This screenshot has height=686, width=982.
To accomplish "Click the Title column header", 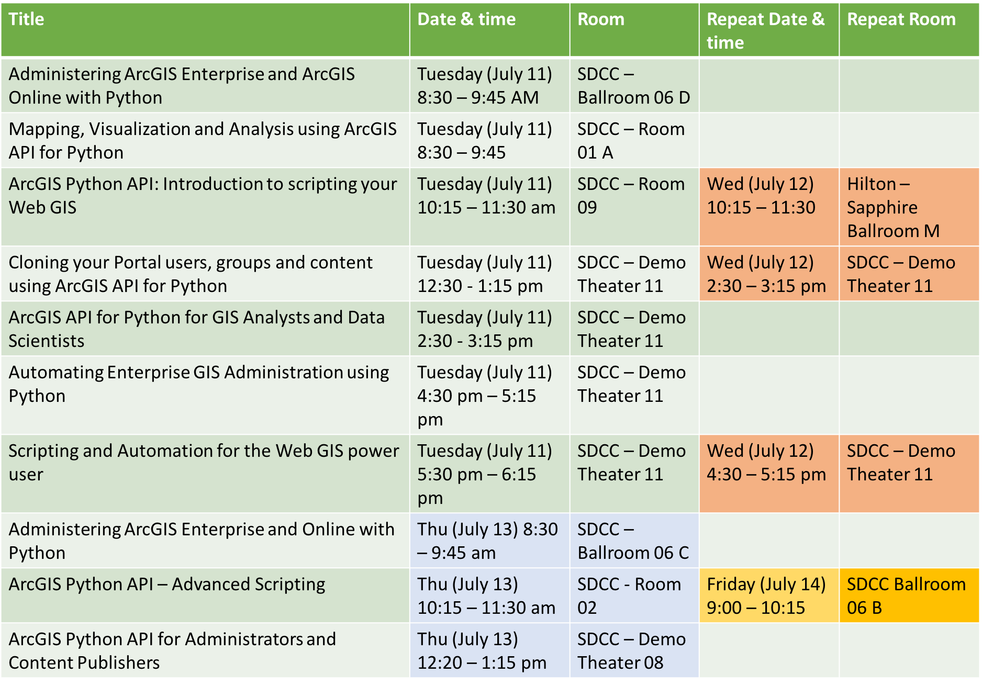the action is [205, 30].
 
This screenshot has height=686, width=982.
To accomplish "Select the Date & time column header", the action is [489, 30].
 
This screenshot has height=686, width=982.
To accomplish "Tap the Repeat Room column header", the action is [909, 30].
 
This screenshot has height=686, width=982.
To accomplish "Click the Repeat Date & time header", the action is [769, 30].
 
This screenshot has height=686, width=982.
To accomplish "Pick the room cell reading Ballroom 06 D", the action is [634, 86].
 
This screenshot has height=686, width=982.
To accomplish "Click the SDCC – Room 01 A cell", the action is [634, 141].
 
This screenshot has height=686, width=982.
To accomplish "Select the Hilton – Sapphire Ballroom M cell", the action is [909, 207].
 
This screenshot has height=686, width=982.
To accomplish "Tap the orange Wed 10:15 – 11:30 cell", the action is [769, 207].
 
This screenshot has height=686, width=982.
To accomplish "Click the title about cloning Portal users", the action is [205, 274].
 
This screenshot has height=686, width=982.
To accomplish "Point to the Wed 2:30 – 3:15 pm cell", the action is [769, 274].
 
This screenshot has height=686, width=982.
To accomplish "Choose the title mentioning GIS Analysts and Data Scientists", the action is [205, 329].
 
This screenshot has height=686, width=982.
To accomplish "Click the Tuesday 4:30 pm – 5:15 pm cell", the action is [489, 396].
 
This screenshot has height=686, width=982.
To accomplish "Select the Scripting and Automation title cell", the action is [205, 474].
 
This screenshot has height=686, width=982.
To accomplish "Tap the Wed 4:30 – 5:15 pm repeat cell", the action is [769, 474].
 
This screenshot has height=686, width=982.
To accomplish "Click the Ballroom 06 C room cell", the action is [634, 541].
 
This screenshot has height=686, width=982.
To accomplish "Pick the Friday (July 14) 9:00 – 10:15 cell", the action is [769, 596].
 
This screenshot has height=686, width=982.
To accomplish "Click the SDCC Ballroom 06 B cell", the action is [909, 596].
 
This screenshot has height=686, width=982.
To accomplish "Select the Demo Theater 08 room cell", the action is [634, 651].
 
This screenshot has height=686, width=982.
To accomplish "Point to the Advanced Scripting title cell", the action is [205, 596].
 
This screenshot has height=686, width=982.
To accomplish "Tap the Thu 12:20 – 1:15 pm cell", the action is [489, 651].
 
